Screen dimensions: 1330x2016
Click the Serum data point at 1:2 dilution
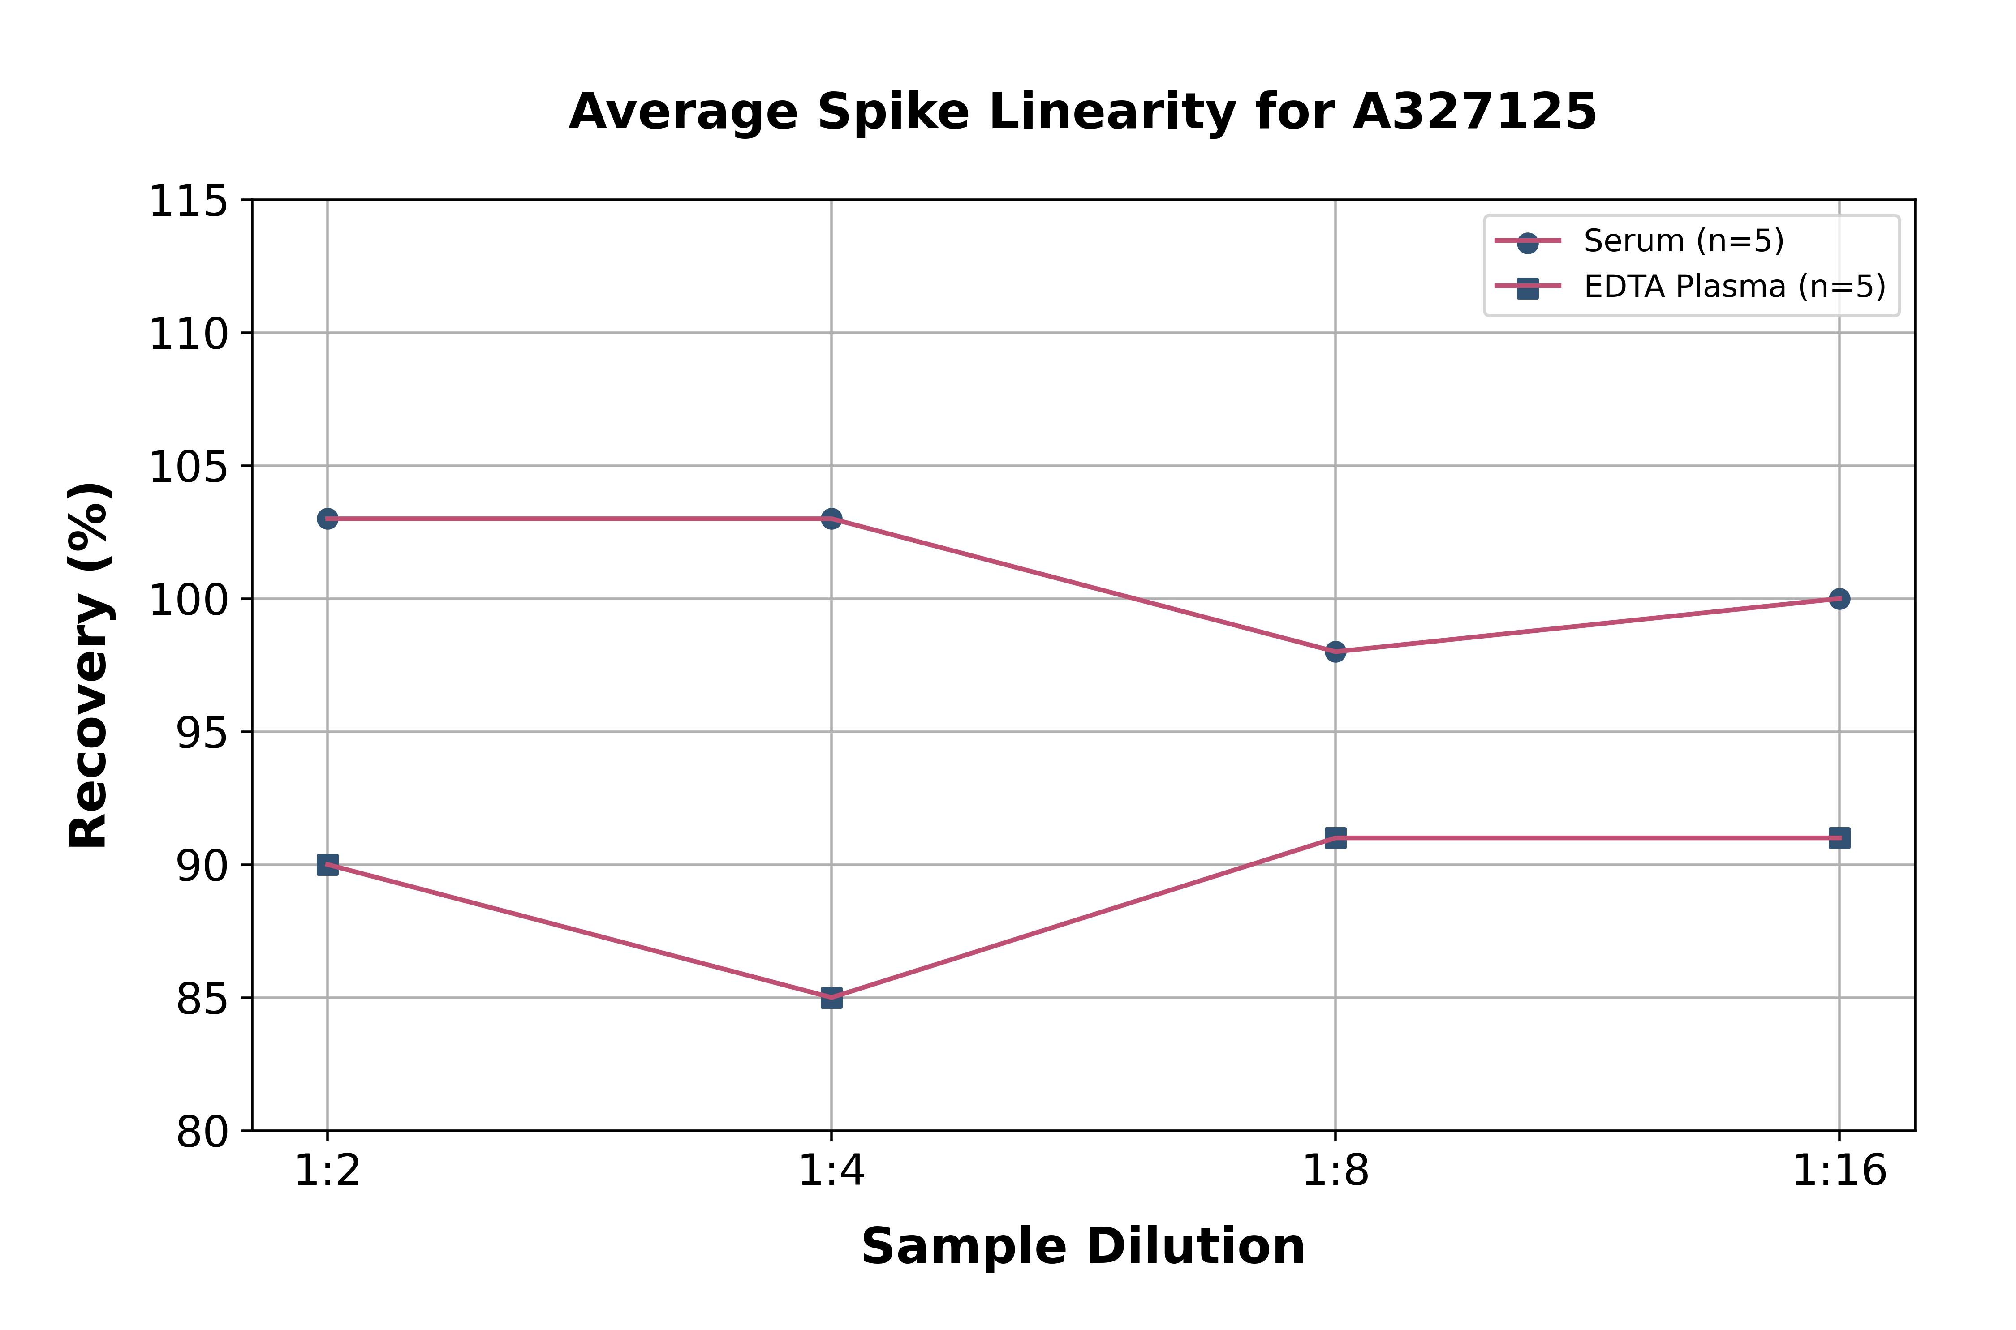click(x=327, y=518)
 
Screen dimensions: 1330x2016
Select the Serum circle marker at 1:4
click(x=831, y=518)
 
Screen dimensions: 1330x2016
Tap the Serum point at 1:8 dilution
click(x=1335, y=652)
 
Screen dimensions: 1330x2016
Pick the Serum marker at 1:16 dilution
click(x=1839, y=599)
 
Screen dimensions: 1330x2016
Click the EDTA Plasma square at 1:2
click(x=327, y=864)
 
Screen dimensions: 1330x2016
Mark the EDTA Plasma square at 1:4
click(x=831, y=998)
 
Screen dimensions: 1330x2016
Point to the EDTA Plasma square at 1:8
click(x=1335, y=838)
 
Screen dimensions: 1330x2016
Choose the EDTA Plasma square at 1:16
click(x=1839, y=838)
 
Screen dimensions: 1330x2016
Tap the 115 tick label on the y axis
click(x=189, y=202)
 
